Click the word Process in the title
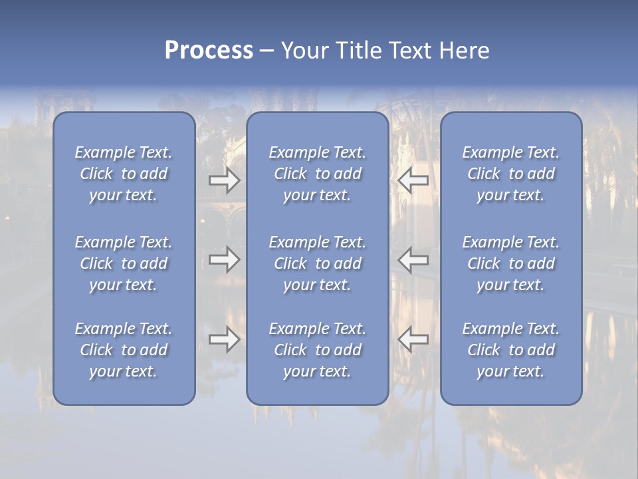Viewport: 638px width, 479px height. pyautogui.click(x=209, y=51)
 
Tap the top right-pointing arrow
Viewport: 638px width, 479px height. pyautogui.click(x=224, y=180)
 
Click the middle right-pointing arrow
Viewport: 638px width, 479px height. pyautogui.click(x=224, y=259)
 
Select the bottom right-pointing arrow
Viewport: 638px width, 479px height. pyautogui.click(x=224, y=339)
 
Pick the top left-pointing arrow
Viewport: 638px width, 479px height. pyautogui.click(x=413, y=180)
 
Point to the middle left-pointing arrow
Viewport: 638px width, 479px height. pyautogui.click(x=413, y=259)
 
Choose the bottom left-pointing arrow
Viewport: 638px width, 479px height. pyautogui.click(x=413, y=339)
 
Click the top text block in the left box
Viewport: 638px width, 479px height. pyautogui.click(x=124, y=174)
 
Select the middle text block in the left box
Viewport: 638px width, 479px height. pyautogui.click(x=124, y=263)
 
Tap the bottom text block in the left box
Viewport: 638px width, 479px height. pyautogui.click(x=124, y=350)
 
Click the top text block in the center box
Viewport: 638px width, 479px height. pyautogui.click(x=318, y=174)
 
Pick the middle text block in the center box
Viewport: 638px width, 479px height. pyautogui.click(x=318, y=263)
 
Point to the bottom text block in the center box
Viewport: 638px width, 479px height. pyautogui.click(x=318, y=350)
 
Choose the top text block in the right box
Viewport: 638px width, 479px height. pyautogui.click(x=511, y=174)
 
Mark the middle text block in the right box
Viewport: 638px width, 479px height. pyautogui.click(x=511, y=263)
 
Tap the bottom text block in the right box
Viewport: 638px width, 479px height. pyautogui.click(x=511, y=350)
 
